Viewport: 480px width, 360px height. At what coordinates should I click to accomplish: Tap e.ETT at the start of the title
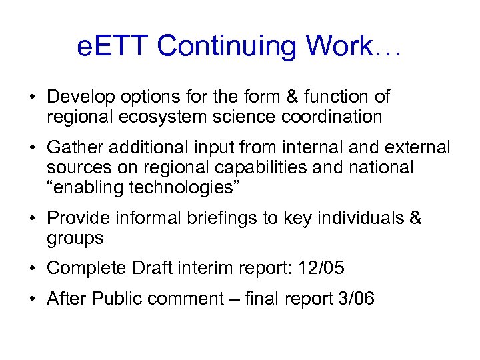(113, 46)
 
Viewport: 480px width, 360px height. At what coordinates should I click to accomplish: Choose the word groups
(75, 239)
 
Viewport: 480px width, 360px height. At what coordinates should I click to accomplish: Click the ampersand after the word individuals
(415, 219)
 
